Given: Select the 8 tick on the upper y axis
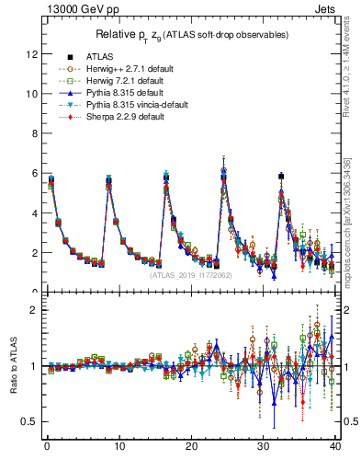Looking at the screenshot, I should [34, 133].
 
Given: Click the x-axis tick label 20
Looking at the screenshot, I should [190, 447].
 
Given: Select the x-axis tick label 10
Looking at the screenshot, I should [118, 447].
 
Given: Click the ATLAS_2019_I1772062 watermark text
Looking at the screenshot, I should [190, 274].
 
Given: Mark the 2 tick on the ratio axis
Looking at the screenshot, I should [34, 309].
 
